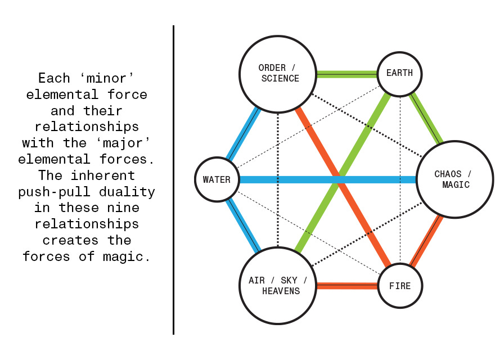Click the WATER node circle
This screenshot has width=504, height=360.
pyautogui.click(x=217, y=180)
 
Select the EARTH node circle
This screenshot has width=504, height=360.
pyautogui.click(x=399, y=73)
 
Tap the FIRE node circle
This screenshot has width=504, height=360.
pyautogui.click(x=399, y=286)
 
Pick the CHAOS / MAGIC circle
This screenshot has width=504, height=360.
pyautogui.click(x=454, y=179)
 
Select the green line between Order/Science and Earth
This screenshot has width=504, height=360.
pyautogui.click(x=346, y=74)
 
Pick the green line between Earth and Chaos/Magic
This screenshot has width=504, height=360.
pyautogui.click(x=427, y=119)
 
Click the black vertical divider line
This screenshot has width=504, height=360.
pyautogui.click(x=174, y=180)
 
